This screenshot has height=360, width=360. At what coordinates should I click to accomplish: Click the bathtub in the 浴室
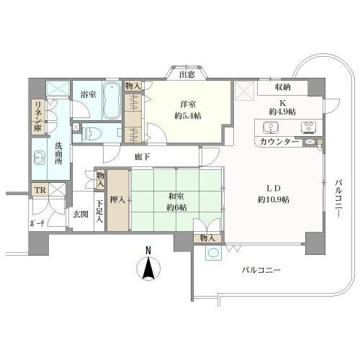click(112, 100)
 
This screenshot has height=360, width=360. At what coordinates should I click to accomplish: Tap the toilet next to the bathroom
click(89, 132)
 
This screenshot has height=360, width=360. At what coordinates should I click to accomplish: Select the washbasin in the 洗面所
click(39, 158)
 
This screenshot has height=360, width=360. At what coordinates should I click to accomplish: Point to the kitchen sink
click(271, 127)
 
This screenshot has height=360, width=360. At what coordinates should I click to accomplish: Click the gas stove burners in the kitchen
click(308, 127)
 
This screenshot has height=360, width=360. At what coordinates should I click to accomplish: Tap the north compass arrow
click(148, 268)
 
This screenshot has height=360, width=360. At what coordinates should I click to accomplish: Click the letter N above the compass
click(148, 251)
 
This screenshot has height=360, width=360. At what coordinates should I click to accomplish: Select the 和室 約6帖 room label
click(176, 202)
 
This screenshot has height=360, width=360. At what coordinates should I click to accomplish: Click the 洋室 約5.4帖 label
click(188, 110)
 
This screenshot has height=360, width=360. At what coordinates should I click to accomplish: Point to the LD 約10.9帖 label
click(274, 194)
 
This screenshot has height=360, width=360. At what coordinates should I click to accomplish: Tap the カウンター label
click(279, 142)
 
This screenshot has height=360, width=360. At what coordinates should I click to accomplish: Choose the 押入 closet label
click(117, 199)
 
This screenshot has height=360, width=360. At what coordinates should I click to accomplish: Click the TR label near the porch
click(40, 190)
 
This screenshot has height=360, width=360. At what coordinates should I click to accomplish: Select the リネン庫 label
click(37, 117)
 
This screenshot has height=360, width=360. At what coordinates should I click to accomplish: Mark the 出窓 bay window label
click(186, 75)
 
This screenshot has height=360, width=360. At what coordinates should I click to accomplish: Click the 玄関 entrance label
click(81, 214)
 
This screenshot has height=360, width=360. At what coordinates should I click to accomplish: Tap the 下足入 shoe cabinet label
click(99, 211)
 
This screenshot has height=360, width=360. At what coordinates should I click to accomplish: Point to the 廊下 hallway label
click(143, 157)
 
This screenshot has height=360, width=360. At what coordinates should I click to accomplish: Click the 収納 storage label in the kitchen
click(283, 87)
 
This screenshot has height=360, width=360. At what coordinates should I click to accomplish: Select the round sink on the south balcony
click(213, 253)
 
